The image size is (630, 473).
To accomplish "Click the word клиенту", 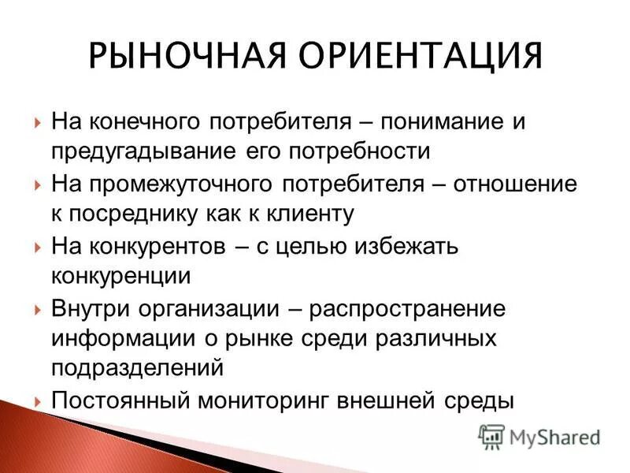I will coord(309,214).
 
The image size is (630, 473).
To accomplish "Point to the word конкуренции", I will coord(120,276).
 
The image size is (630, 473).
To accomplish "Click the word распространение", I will coord(408,309).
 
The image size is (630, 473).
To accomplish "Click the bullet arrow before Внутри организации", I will coord(38,310).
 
